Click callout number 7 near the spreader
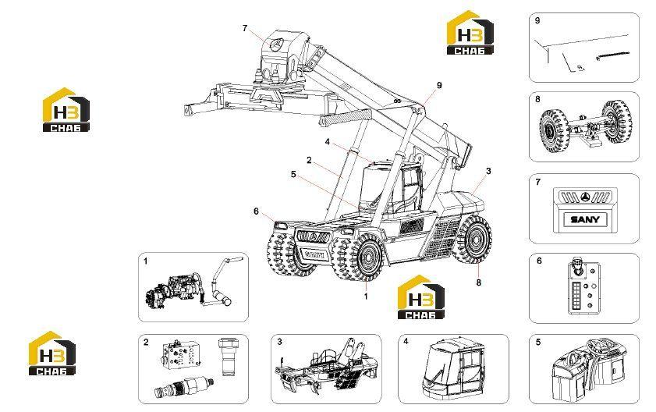click(245, 28)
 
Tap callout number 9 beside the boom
click(439, 85)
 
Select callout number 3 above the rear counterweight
click(488, 171)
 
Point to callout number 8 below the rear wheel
click(479, 282)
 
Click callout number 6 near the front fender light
click(256, 211)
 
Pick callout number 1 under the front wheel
click(366, 296)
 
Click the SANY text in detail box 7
click(585, 219)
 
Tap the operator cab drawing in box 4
click(453, 368)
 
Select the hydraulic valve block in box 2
click(181, 353)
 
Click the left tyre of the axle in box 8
click(553, 128)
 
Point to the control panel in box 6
click(584, 287)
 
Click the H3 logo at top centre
click(470, 33)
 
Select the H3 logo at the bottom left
click(52, 353)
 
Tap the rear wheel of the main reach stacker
click(473, 240)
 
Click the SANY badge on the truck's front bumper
click(314, 254)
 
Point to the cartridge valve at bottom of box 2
click(184, 385)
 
